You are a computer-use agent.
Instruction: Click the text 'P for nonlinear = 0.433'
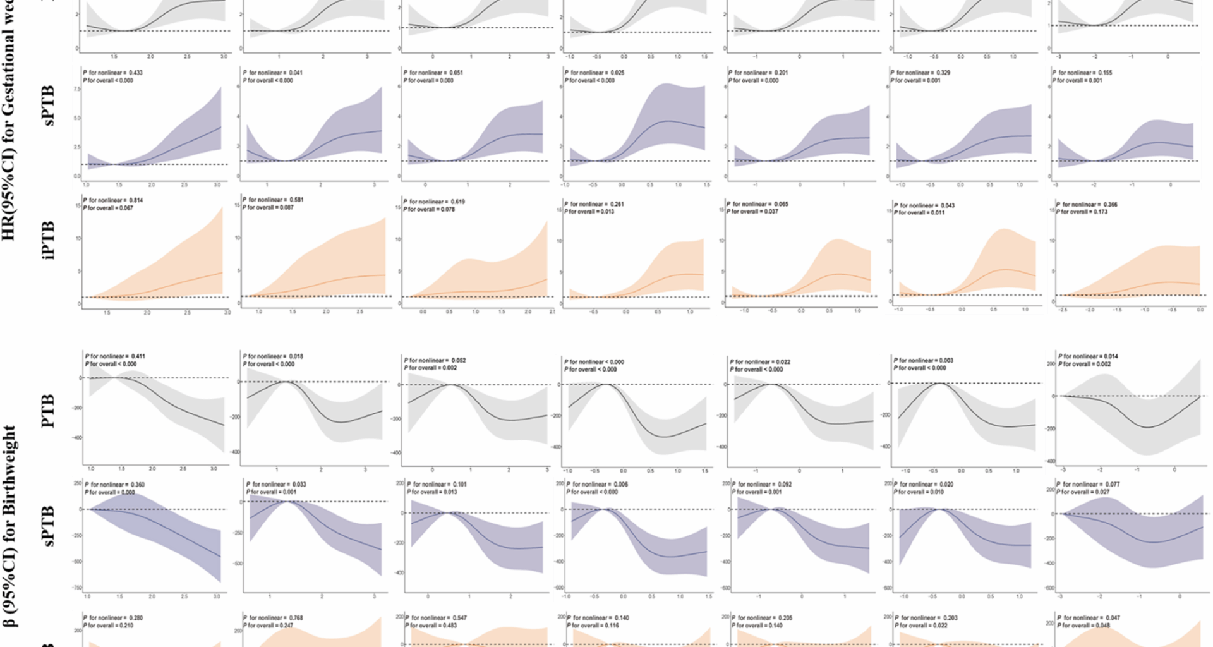pos(113,73)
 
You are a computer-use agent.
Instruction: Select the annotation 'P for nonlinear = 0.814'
pos(113,200)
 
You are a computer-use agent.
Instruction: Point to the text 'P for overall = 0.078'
pos(430,209)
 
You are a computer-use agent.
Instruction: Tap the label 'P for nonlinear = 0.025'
pos(594,73)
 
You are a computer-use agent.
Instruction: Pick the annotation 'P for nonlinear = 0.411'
pos(116,356)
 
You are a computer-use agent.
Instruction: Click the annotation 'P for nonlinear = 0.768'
pos(274,618)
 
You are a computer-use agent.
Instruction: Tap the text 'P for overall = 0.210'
pos(108,626)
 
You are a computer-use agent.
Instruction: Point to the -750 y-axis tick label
pos(78,588)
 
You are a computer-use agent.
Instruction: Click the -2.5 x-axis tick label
pos(1063,310)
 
